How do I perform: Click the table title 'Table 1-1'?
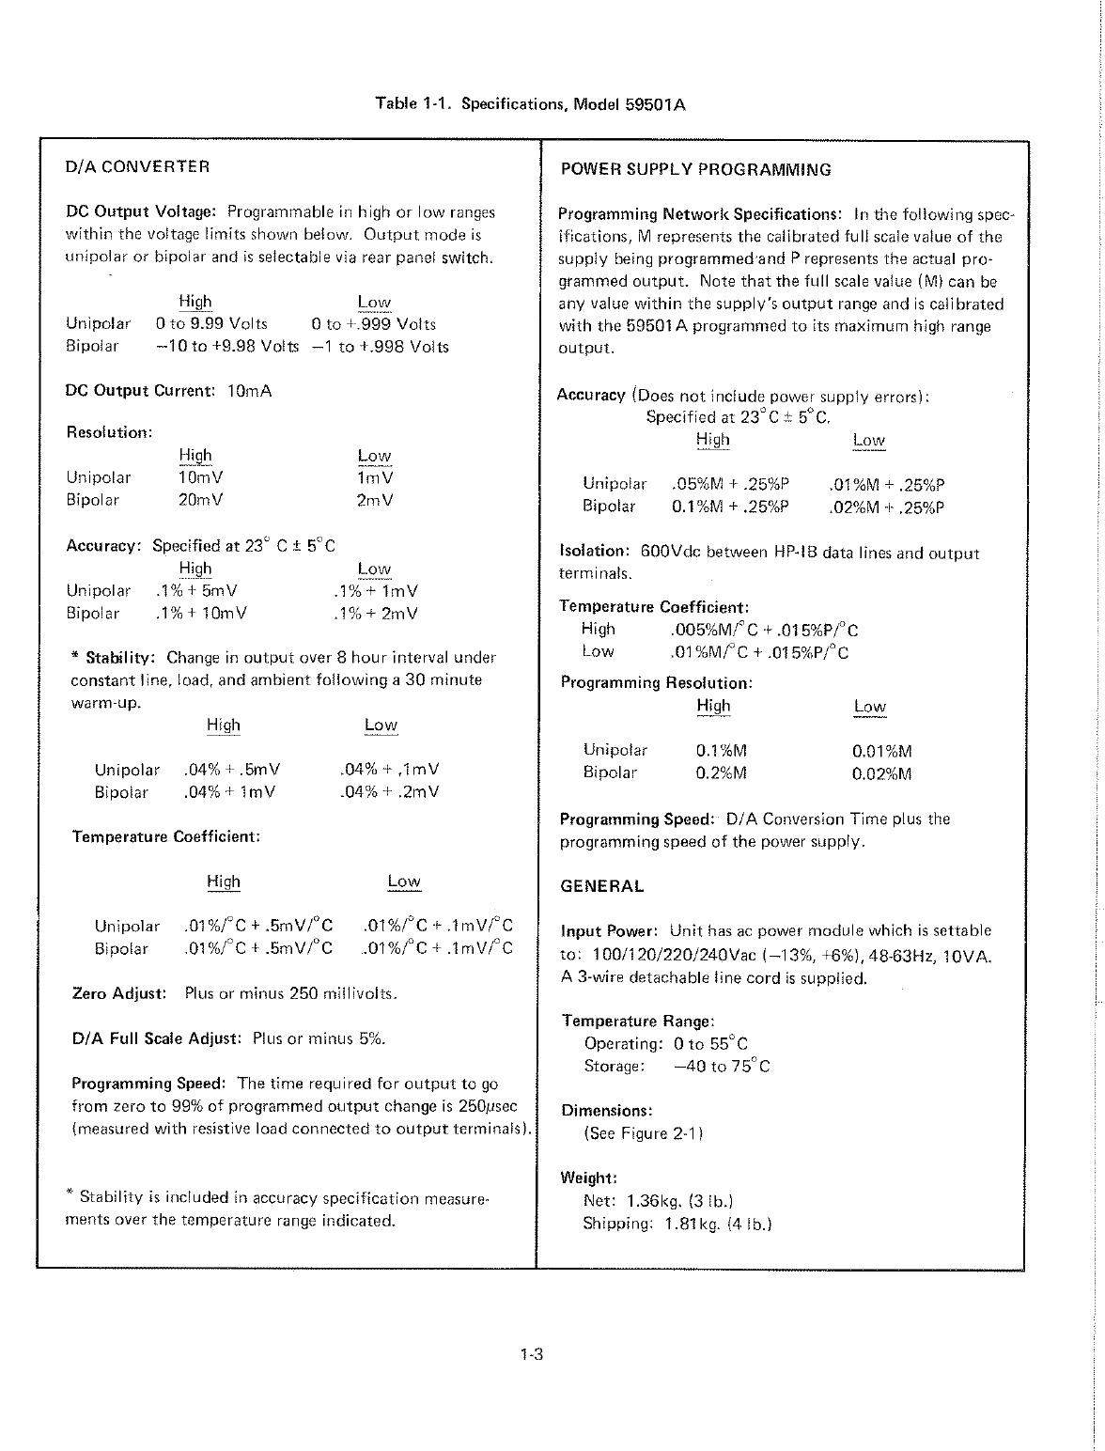pos(412,103)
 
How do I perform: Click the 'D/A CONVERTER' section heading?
pos(137,167)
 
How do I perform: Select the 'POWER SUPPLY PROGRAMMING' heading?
pos(695,170)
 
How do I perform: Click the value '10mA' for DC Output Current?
pos(249,391)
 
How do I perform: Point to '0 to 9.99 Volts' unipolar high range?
pos(211,324)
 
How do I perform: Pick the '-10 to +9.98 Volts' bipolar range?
pos(226,346)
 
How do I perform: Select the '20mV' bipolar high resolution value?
pos(200,500)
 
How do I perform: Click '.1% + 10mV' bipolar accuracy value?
pos(200,614)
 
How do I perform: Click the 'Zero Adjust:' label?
pos(119,992)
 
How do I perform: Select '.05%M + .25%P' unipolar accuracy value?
pos(730,485)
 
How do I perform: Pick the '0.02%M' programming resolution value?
pos(881,773)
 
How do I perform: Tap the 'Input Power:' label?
pos(611,931)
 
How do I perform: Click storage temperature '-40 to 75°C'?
pos(722,1067)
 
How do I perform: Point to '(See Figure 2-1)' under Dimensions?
pos(643,1133)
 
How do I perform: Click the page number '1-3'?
pos(532,1355)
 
